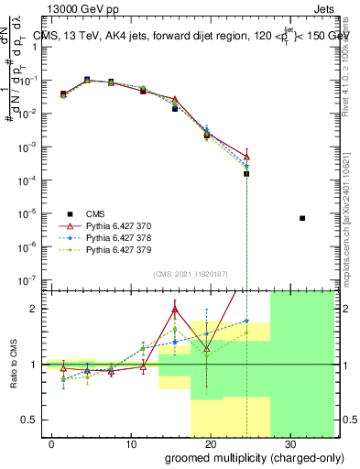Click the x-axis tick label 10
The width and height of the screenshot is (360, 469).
pos(130,442)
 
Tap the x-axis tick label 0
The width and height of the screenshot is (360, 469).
pos(51,442)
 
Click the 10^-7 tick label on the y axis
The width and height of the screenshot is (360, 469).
pos(27,279)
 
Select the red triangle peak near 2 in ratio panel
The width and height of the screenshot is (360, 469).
pos(175,310)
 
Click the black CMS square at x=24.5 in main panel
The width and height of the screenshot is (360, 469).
pos(246,173)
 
